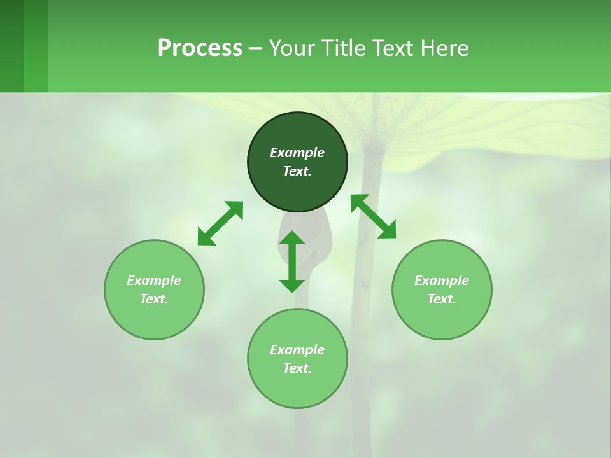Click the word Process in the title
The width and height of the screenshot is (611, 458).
coord(200,48)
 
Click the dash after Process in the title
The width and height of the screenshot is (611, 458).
coord(255,49)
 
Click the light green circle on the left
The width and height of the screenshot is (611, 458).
coord(154,318)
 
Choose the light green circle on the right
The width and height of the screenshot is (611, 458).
coord(442,318)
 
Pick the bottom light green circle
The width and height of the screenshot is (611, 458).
coord(297,388)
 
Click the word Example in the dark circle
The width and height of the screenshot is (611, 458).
coord(297,153)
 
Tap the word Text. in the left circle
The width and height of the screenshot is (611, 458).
coord(154,299)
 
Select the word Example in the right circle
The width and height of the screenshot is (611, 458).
coord(442,281)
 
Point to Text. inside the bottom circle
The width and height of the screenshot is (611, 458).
coord(297,368)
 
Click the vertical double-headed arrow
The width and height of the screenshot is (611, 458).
coord(292,261)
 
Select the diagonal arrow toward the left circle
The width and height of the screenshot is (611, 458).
coord(220,223)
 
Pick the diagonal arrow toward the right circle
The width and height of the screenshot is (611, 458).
coord(373,216)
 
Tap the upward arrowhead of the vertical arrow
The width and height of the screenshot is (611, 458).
coord(292,239)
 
